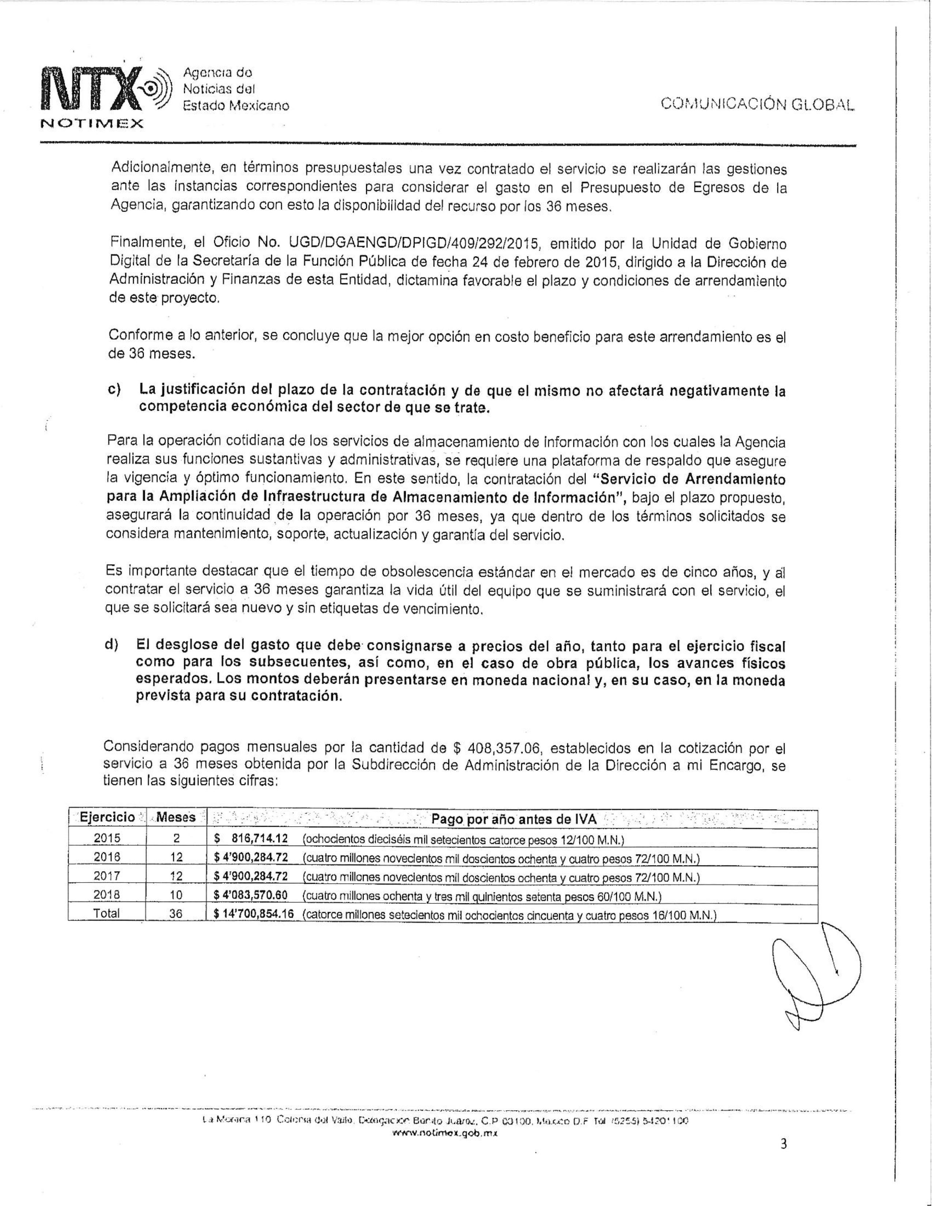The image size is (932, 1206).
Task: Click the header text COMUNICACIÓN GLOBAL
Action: pos(757,104)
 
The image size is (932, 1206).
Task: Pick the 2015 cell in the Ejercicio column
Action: pos(107,838)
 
